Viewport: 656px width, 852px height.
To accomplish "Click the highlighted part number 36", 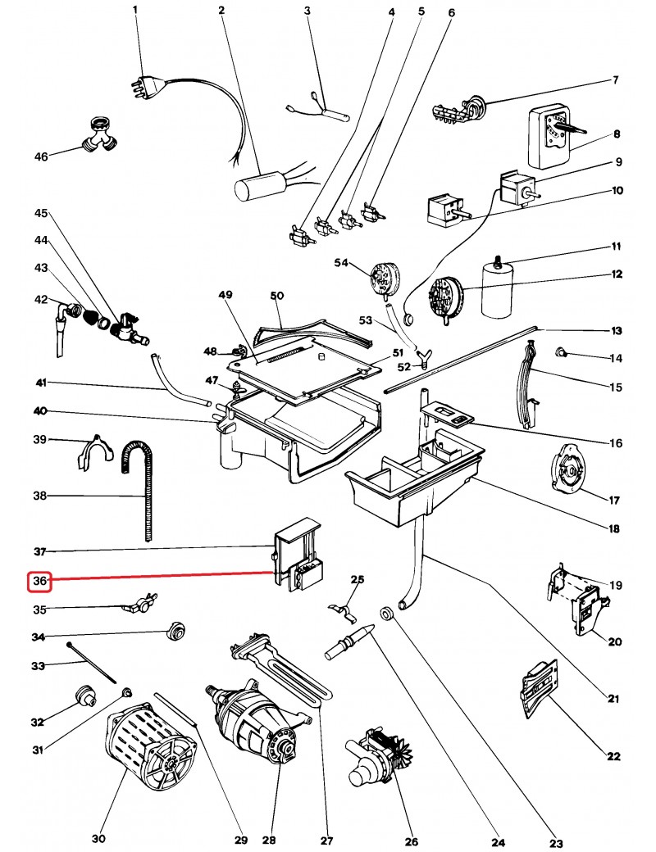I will tap(40, 581).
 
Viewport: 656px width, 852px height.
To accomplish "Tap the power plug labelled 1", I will tap(140, 82).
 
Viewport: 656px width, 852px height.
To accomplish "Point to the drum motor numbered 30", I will tap(153, 750).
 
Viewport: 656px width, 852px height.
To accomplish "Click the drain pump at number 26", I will tap(377, 758).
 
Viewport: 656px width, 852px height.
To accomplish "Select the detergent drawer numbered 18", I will tap(410, 483).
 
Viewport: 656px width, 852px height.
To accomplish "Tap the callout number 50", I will tap(276, 295).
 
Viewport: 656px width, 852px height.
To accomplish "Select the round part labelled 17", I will tap(567, 470).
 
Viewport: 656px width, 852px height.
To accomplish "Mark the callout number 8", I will tap(617, 134).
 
